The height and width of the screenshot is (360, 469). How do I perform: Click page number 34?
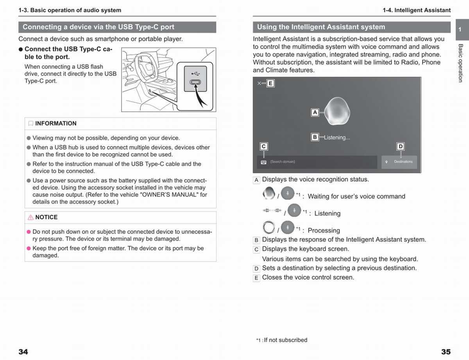23,352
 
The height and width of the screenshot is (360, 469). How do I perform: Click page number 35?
446,352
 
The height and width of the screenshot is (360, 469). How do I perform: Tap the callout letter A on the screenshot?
315,113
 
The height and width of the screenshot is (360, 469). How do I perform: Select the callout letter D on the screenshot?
400,147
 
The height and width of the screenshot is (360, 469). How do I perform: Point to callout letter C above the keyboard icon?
264,147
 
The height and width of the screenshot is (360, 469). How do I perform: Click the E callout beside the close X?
270,83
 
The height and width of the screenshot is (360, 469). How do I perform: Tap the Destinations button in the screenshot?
399,162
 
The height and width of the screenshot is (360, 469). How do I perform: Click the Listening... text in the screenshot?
337,138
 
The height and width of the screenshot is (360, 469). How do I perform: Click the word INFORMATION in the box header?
56,124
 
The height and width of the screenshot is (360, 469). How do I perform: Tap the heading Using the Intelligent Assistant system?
321,27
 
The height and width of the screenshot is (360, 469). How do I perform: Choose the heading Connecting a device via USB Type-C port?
98,27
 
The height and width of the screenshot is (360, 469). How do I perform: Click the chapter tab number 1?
460,30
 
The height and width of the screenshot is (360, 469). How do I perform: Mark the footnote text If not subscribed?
285,340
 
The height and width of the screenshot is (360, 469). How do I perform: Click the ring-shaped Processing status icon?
269,227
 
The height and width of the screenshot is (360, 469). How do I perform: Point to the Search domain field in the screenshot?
317,162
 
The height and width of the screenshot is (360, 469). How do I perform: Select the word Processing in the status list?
324,231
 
